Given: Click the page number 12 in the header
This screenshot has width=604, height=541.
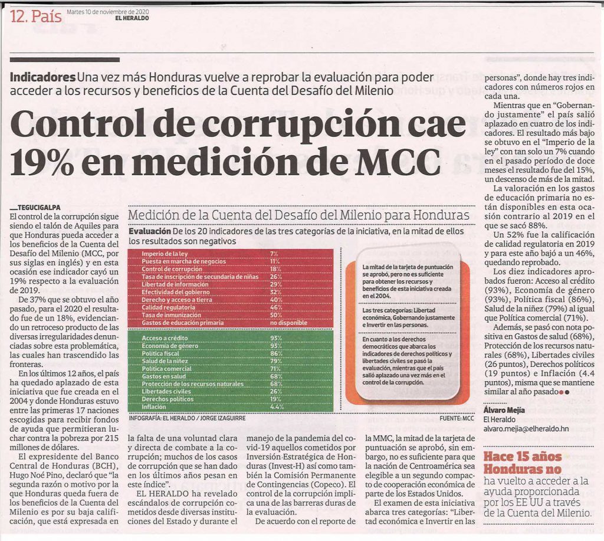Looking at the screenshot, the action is click(18, 16).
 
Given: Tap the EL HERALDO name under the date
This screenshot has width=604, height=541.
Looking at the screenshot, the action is click(133, 18).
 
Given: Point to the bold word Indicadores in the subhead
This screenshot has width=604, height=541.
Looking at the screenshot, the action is click(42, 77).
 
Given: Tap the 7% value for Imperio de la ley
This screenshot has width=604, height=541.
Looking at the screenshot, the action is click(274, 254).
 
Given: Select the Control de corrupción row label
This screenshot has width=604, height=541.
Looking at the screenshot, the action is click(172, 269).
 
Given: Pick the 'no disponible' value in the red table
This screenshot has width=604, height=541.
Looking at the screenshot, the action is click(288, 323).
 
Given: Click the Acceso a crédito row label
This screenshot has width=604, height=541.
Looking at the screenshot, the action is click(165, 338).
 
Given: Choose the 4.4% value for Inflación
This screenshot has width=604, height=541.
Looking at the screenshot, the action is click(277, 406).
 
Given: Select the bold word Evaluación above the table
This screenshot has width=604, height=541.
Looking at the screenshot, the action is click(149, 231).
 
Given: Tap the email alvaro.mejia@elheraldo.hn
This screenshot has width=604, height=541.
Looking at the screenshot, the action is click(526, 428).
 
